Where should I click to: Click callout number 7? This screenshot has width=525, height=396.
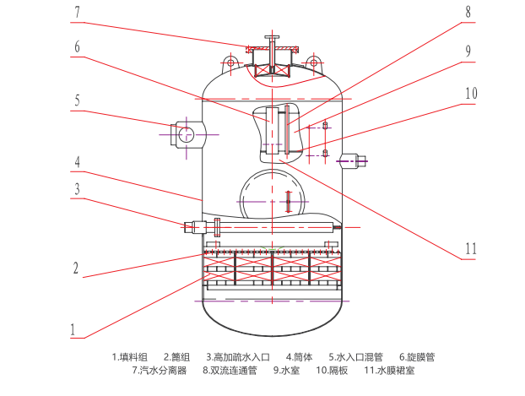[77, 13]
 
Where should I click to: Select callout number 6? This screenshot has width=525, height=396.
[77, 47]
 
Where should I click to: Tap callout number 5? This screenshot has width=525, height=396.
[77, 100]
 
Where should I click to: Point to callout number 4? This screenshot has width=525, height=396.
[77, 160]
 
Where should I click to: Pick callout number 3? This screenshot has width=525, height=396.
[77, 189]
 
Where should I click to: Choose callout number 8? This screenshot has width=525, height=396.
[469, 14]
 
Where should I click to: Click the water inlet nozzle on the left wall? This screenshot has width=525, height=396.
[186, 133]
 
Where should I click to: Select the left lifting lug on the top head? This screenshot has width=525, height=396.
[231, 62]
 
